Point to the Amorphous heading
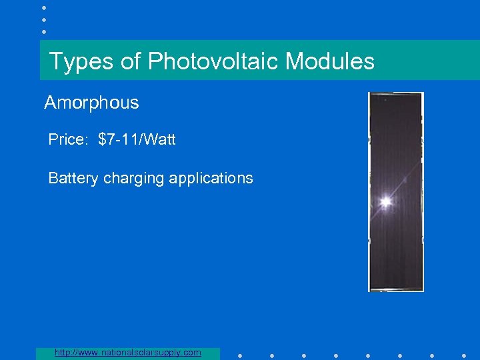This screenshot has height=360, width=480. pyautogui.click(x=91, y=103)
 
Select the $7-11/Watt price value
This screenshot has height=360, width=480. pyautogui.click(x=137, y=140)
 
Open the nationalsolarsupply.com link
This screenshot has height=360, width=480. pyautogui.click(x=127, y=352)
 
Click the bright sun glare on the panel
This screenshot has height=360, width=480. pyautogui.click(x=385, y=201)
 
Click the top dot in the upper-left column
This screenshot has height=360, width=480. pyautogui.click(x=44, y=7)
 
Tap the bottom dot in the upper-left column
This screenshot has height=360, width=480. pyautogui.click(x=44, y=31)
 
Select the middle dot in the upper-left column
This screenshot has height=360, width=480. pyautogui.click(x=44, y=19)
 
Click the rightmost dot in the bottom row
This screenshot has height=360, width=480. pyautogui.click(x=464, y=355)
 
